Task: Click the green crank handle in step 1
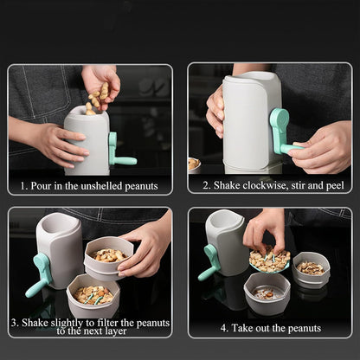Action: coord(119,152)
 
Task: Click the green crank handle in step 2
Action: coord(281,130)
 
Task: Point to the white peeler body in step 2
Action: coord(247,121)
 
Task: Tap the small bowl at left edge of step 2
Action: coord(194,164)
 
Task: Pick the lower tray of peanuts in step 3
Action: coord(93,295)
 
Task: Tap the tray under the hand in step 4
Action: coord(269,260)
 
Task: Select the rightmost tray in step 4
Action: coord(311,268)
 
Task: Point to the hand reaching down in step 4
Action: coord(263,228)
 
